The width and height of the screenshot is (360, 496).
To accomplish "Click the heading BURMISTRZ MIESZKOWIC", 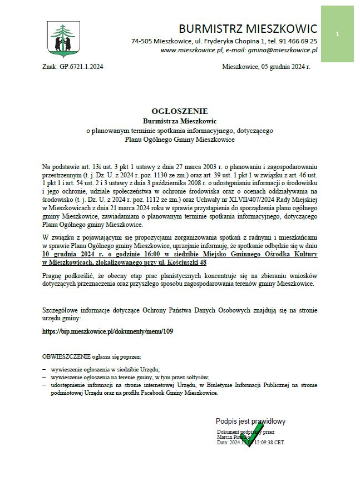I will click(248, 28).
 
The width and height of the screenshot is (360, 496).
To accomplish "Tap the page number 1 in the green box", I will click(337, 34).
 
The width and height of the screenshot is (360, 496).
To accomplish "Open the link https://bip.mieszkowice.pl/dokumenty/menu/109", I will click(108, 331).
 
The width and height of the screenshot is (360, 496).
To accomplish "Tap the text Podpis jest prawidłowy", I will click(250, 421).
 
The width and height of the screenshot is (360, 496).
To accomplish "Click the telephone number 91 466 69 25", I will click(295, 41).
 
